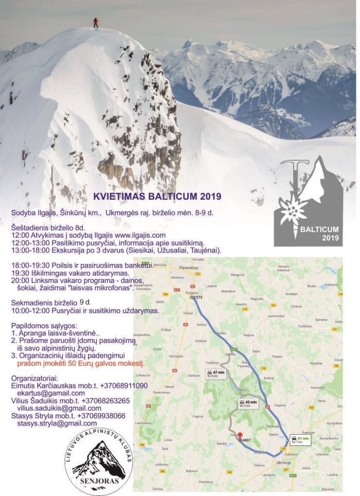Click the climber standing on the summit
(95, 23)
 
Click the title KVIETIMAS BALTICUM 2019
(157, 196)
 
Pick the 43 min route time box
(248, 403)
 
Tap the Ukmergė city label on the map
(284, 463)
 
